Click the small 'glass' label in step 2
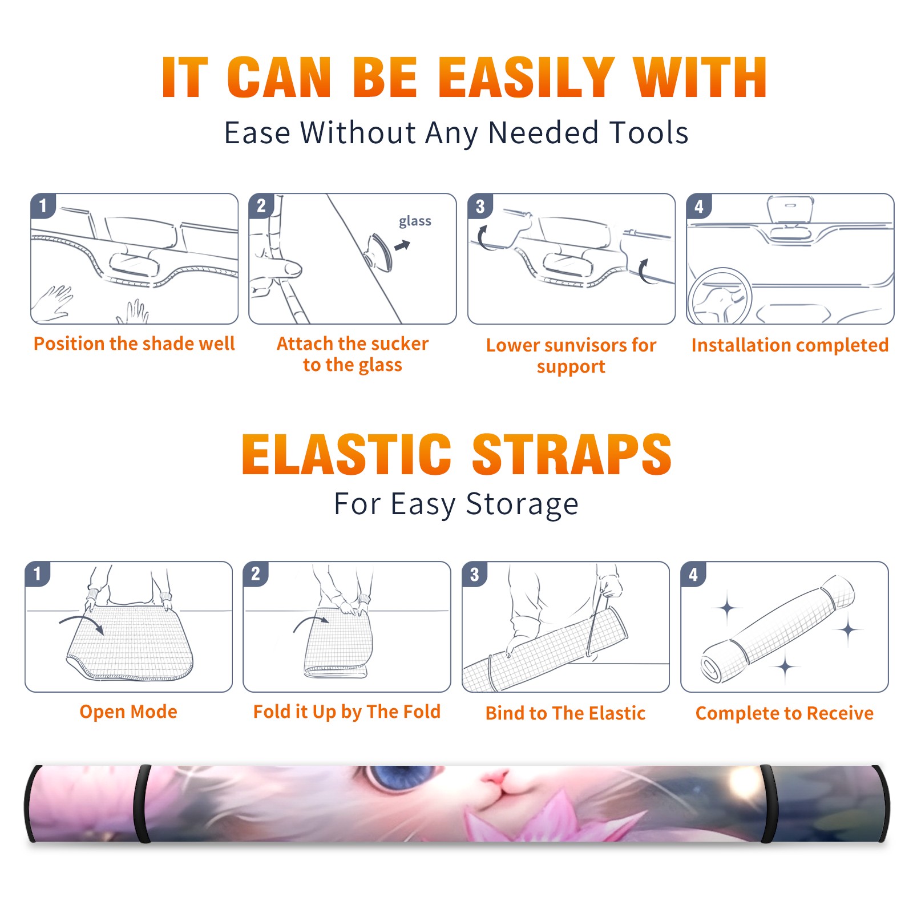(415, 221)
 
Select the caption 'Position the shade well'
(134, 344)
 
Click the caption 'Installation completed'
(790, 345)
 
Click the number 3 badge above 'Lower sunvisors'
(480, 206)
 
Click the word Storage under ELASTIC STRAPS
(522, 504)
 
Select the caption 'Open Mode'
(128, 712)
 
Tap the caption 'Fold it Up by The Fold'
(347, 712)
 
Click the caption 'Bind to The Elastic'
(565, 713)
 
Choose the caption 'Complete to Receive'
(785, 713)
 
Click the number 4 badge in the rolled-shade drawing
(693, 574)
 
